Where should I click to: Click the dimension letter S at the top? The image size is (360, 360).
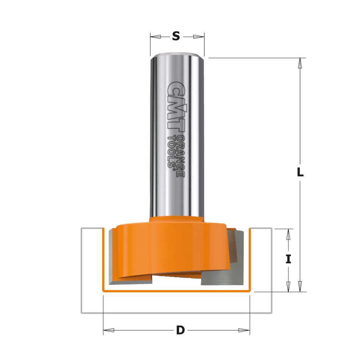pyautogui.click(x=176, y=36)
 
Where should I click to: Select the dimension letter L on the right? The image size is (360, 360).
pyautogui.click(x=300, y=173)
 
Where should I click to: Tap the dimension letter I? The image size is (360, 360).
pyautogui.click(x=288, y=259)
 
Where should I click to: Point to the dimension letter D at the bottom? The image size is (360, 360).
pyautogui.click(x=180, y=330)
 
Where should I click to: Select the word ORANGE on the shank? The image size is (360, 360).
pyautogui.click(x=181, y=150)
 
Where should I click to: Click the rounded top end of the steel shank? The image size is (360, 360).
pyautogui.click(x=177, y=55)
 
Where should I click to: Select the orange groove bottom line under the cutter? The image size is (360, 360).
pyautogui.click(x=176, y=291)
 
